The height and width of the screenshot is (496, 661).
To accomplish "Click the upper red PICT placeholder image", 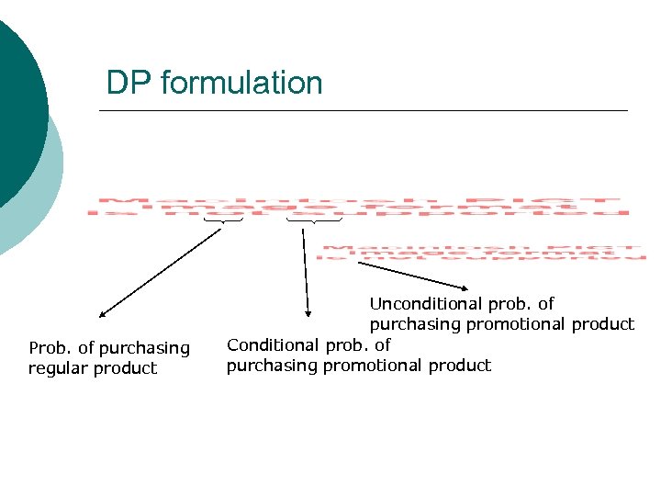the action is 358,206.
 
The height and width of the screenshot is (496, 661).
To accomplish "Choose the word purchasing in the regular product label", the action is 144,348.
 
